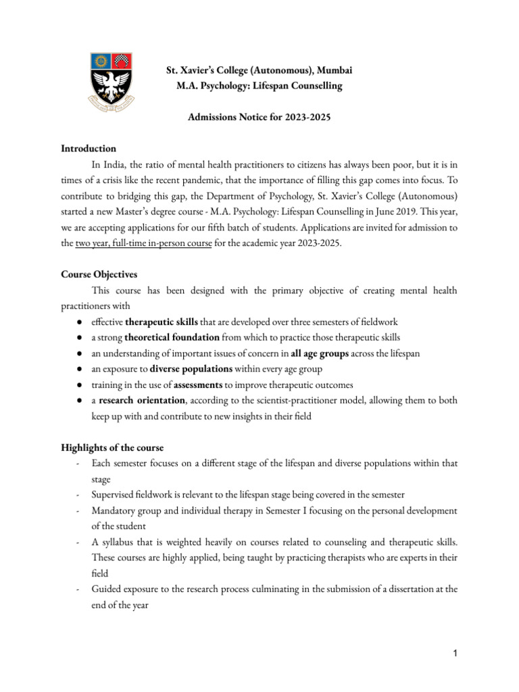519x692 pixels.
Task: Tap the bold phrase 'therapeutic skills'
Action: (162, 321)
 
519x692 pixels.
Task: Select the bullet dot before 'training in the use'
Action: (80, 385)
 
